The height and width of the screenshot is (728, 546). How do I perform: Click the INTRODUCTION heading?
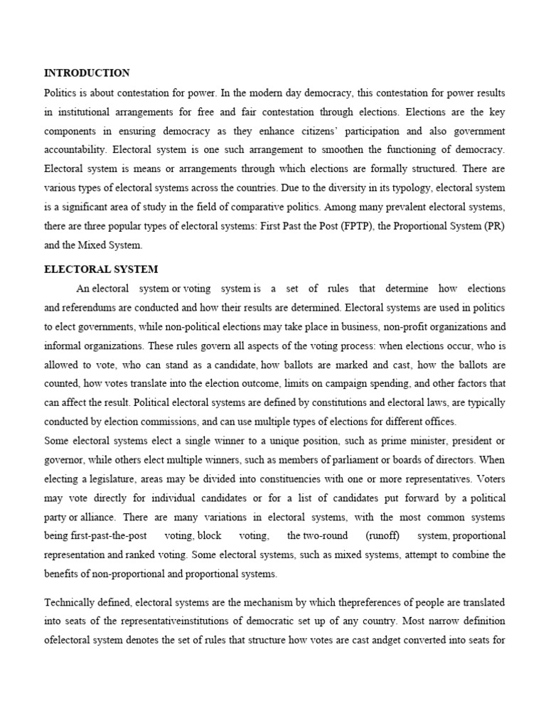pyautogui.click(x=87, y=73)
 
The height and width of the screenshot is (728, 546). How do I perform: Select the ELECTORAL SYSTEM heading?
pyautogui.click(x=101, y=269)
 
